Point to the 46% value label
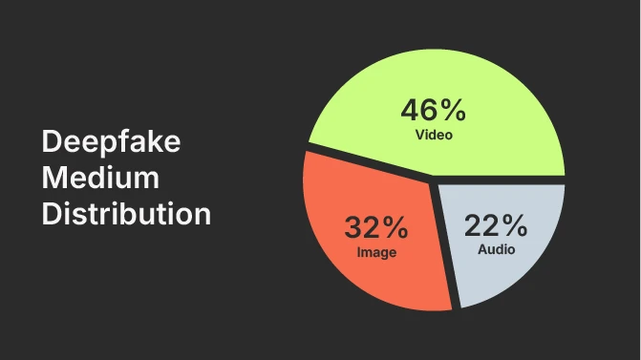[x=434, y=110]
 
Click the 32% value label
[x=376, y=228]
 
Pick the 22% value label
[x=496, y=226]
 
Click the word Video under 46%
[x=434, y=135]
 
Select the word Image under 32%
[x=376, y=253]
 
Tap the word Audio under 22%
[x=496, y=250]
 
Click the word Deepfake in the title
[x=111, y=143]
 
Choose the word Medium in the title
[x=99, y=179]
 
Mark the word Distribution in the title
[x=125, y=213]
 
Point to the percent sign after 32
[x=395, y=228]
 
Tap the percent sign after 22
[x=514, y=226]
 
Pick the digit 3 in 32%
[x=353, y=228]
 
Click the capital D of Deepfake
[x=52, y=143]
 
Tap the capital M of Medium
[x=53, y=179]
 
